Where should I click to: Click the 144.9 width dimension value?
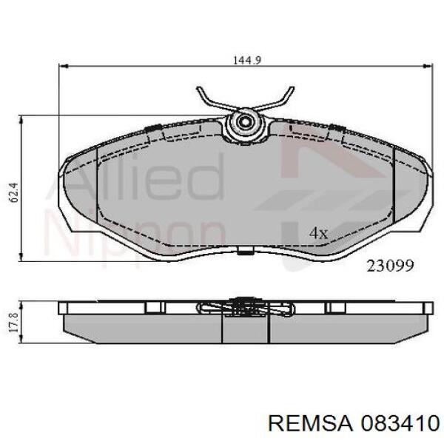(244, 61)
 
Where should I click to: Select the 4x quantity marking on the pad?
(318, 233)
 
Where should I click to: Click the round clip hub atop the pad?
(244, 124)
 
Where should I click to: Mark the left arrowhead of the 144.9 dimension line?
(62, 67)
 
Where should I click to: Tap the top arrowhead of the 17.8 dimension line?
(22, 305)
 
